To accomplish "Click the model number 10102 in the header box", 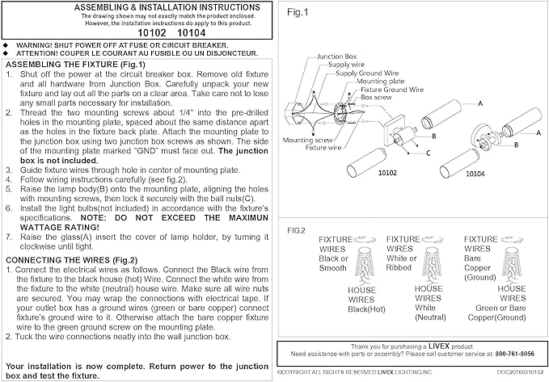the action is point(152,33).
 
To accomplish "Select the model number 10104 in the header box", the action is point(191,33).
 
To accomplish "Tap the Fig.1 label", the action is point(298,12).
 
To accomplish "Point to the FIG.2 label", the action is point(296,230).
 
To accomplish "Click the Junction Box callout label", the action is point(337,57).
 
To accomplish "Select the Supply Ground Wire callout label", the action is point(367,73).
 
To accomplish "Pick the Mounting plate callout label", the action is point(381,81).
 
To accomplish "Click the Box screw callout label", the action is point(376,97).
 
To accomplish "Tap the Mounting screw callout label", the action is point(307,140).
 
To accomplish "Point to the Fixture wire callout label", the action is point(323,148).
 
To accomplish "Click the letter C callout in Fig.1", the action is point(429,153).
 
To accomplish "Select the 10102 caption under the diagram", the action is point(387,173).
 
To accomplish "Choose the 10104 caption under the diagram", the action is point(475,174).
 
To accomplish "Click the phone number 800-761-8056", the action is point(515,354).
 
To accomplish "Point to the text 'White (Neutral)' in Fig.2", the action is point(430,313).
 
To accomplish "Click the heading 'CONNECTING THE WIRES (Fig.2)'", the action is point(72,260).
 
